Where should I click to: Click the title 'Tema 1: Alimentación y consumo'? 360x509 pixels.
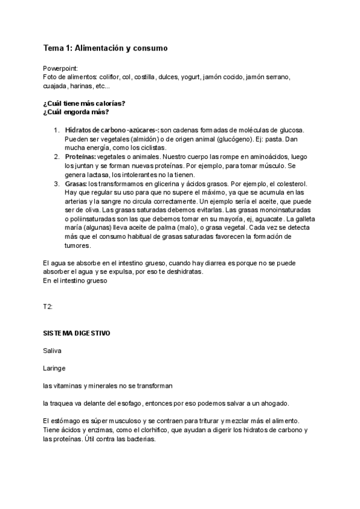click(x=105, y=47)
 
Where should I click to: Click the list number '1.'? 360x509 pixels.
click(x=56, y=130)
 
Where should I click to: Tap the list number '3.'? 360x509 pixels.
click(x=56, y=183)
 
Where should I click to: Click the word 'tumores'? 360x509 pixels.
click(x=79, y=245)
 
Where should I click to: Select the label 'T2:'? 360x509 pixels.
click(x=48, y=307)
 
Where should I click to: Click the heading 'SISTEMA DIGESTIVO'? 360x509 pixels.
click(x=76, y=333)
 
